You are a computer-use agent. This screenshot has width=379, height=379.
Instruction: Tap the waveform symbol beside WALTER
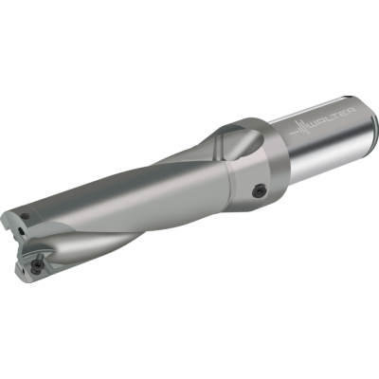click(299, 129)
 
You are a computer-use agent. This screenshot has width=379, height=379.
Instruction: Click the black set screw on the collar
click(261, 191)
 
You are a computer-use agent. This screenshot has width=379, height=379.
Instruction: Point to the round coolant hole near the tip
click(24, 216)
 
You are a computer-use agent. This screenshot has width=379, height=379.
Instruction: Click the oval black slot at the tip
click(21, 231)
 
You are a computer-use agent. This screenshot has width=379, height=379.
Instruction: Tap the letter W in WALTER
click(314, 126)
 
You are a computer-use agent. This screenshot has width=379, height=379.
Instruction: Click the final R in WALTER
click(352, 111)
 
